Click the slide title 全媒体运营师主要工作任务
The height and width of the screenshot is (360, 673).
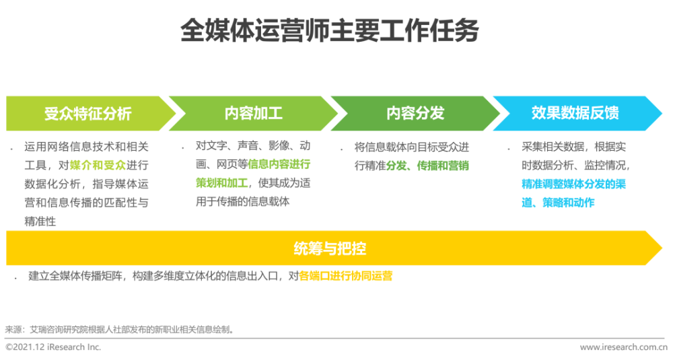click(329, 30)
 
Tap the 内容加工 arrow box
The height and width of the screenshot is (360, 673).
click(253, 113)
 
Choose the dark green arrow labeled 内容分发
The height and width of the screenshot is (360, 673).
click(415, 113)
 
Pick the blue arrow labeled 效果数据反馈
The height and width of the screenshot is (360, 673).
click(577, 113)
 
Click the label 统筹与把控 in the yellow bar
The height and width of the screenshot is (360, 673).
click(330, 248)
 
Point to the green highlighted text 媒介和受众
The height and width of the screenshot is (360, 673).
click(98, 166)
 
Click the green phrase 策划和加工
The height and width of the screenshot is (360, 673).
click(221, 183)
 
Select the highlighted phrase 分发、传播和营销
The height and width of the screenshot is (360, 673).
click(427, 166)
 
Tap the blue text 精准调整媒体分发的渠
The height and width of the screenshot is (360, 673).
click(573, 184)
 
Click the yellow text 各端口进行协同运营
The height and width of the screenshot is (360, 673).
click(345, 276)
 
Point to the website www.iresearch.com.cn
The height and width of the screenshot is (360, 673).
click(624, 347)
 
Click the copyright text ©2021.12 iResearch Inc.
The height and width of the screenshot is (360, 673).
click(53, 347)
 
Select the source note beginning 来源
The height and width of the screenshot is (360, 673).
click(120, 330)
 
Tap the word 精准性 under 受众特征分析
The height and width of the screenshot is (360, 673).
click(40, 221)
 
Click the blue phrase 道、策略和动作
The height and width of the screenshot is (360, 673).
click(558, 203)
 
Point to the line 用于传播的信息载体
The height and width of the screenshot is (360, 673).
click(242, 202)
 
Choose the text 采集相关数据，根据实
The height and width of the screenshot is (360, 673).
click(573, 147)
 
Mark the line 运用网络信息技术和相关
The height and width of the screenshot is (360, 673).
click(86, 147)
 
